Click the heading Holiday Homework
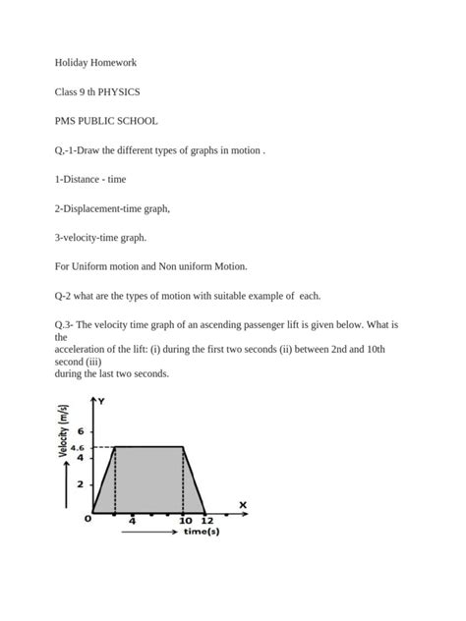(95, 63)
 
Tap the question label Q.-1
(65, 150)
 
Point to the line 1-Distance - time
(89, 180)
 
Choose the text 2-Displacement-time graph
(112, 208)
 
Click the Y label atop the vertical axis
(100, 402)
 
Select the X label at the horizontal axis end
(242, 504)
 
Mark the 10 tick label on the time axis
(185, 520)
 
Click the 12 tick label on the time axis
(205, 520)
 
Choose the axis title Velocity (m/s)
(64, 431)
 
